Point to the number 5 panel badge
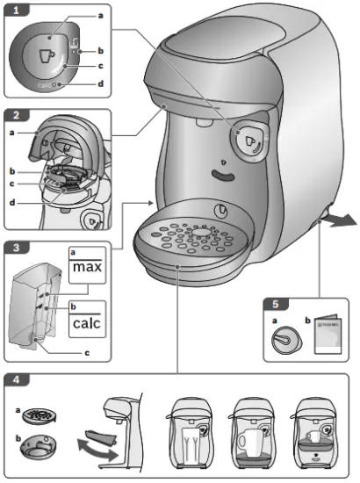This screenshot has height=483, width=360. click(x=275, y=305)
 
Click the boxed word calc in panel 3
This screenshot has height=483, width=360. click(x=87, y=325)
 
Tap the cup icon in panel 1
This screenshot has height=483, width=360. click(x=46, y=54)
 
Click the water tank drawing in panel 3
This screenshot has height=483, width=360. click(x=39, y=307)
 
